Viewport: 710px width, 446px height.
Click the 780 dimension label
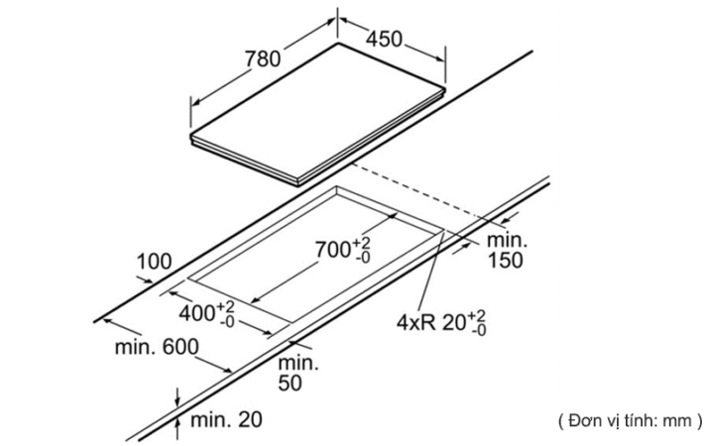tap(263, 58)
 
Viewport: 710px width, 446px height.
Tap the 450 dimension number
tap(384, 39)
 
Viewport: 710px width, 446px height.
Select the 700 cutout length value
tap(333, 250)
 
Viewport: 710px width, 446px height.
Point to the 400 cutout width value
tap(196, 313)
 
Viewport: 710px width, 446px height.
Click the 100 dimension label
tap(154, 262)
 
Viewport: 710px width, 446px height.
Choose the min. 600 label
tap(157, 347)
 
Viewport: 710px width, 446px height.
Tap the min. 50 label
tap(297, 373)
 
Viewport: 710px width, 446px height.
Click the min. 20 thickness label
tap(226, 420)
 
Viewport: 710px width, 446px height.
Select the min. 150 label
tap(507, 251)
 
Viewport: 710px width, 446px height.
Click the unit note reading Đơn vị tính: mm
tap(631, 421)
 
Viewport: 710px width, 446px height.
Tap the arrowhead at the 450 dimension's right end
tap(440, 58)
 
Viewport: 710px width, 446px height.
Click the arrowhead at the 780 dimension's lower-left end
tap(195, 103)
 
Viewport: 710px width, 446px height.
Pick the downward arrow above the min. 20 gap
tap(177, 397)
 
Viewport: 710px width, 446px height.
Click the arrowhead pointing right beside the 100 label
tap(148, 280)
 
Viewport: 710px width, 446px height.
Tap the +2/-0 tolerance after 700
tap(362, 250)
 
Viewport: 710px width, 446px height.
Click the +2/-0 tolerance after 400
tap(226, 314)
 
